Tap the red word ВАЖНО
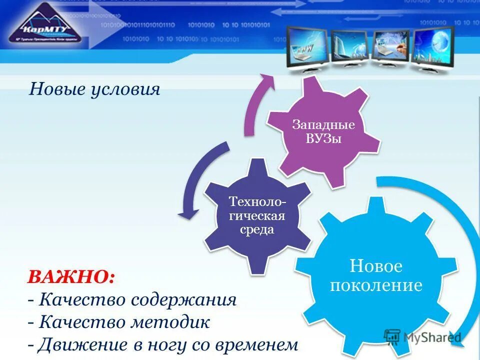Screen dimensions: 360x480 (70, 277)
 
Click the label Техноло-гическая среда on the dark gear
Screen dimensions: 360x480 (257, 215)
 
